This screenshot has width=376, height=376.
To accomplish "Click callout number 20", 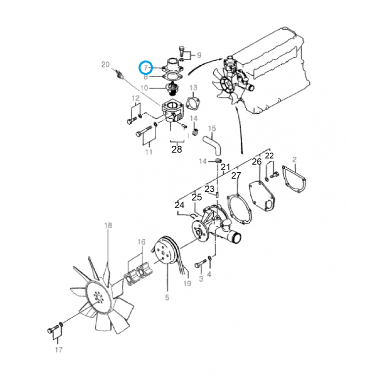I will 105,64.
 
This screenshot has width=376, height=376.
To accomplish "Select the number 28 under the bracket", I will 176,149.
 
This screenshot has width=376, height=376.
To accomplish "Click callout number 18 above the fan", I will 108,226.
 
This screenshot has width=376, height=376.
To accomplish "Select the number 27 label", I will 236,175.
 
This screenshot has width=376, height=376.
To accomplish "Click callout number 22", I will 269,156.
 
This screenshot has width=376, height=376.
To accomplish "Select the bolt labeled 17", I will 51,330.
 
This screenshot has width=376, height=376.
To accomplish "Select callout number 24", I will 179,205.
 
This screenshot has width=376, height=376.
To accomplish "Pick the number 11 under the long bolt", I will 149,152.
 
